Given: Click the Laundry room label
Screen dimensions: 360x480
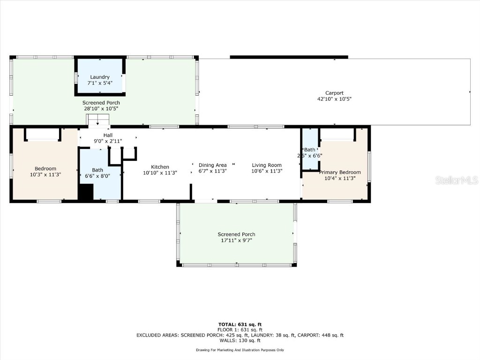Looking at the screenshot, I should click(x=100, y=77).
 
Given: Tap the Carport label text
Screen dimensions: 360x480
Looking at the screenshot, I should click(x=334, y=93).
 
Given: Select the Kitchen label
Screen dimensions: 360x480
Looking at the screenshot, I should click(x=160, y=167).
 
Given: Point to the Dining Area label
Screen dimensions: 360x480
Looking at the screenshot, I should click(x=213, y=165).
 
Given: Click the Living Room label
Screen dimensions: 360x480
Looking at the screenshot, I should click(x=267, y=165).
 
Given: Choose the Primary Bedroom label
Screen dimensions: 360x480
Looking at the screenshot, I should click(x=340, y=172).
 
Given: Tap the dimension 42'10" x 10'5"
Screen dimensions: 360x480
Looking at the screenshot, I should click(x=334, y=99).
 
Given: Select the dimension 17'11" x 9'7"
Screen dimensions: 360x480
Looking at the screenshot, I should click(x=236, y=241).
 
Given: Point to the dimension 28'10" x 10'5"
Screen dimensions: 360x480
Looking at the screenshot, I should click(x=101, y=109).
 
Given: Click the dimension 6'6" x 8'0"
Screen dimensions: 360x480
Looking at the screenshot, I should click(x=97, y=176).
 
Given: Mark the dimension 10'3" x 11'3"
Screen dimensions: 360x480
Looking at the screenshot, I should click(x=45, y=174).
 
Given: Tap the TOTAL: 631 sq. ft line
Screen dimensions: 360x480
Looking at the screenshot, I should click(x=240, y=324).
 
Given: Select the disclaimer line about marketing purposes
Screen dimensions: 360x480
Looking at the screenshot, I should click(x=240, y=350).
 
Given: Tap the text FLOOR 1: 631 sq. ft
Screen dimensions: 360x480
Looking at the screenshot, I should click(x=240, y=330).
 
